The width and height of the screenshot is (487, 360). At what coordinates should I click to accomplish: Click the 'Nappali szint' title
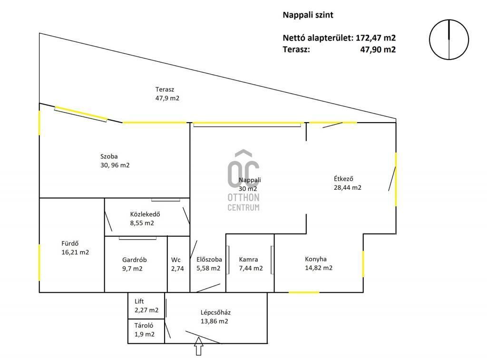coord(308,15)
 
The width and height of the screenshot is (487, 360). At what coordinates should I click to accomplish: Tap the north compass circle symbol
coord(449,20)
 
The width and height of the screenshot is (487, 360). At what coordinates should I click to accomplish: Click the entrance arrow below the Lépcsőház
coord(199,346)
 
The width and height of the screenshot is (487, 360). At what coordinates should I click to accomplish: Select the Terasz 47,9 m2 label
coord(167,94)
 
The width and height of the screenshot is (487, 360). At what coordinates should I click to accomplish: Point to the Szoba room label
coord(115,161)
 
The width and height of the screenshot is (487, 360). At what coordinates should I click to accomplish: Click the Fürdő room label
coord(75,248)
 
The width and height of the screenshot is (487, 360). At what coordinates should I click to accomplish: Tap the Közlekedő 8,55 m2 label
coord(145,218)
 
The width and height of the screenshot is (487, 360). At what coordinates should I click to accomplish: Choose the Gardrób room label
coord(134,264)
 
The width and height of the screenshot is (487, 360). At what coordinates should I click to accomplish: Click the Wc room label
coord(177,264)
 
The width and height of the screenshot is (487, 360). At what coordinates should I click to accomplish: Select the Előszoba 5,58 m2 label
coord(209,264)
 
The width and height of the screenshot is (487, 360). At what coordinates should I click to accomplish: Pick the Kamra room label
coord(251,264)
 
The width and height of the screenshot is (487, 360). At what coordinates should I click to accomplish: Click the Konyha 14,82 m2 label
coord(319,263)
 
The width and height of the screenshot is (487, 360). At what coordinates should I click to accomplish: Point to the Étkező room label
coord(348,183)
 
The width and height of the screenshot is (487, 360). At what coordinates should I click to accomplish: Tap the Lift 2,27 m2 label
coord(146,306)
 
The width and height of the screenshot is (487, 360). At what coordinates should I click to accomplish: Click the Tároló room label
coord(145,330)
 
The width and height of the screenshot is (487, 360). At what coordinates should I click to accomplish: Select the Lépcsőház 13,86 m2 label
coord(215,317)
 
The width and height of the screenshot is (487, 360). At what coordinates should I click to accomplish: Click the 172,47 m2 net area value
coord(376,38)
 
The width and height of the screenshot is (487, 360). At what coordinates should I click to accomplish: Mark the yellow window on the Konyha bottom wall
coord(304,292)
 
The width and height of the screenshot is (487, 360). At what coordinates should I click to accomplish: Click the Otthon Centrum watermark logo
coord(243,181)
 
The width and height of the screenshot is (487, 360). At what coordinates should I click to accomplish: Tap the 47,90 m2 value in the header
coord(378,49)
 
